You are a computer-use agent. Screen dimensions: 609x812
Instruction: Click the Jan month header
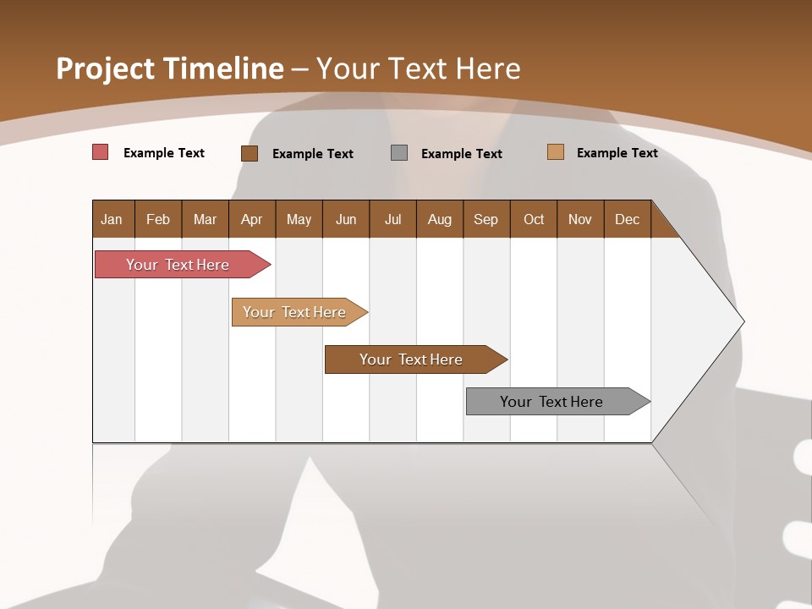point(112,219)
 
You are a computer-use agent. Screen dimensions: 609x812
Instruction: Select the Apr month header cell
point(252,219)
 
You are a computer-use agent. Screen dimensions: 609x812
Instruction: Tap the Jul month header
point(392,219)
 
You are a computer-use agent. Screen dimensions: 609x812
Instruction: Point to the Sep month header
point(486,219)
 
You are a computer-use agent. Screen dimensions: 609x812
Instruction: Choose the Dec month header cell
point(627,219)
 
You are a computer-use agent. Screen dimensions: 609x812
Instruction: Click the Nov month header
point(580,219)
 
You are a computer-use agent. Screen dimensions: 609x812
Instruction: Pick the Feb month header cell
point(158,219)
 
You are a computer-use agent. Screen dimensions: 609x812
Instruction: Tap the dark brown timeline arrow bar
point(412,359)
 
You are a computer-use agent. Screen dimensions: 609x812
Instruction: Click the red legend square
point(101,152)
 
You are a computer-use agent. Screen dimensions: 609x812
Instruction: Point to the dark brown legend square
point(250,153)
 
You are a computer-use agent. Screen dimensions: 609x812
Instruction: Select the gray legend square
point(399,153)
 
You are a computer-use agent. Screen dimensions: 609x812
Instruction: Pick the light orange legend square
point(556,152)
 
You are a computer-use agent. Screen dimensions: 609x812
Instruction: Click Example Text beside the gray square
point(462,154)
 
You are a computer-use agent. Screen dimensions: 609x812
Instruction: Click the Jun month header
point(346,219)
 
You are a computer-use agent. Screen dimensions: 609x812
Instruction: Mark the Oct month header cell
point(534,219)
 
